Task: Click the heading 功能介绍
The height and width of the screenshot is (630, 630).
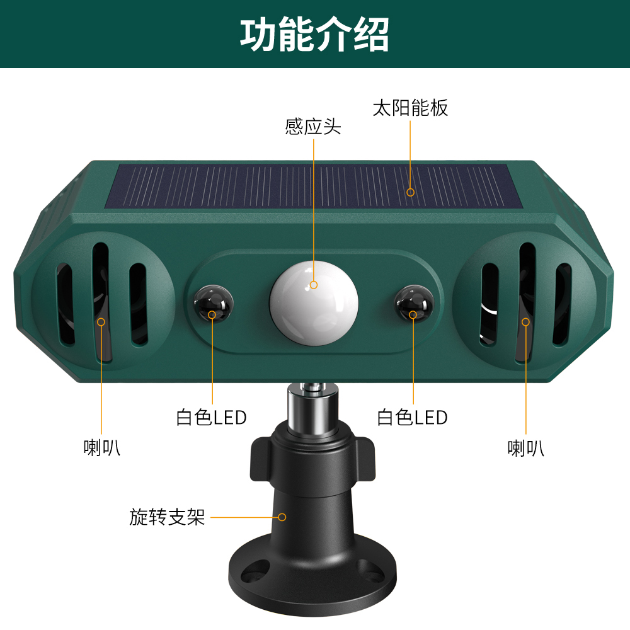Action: pyautogui.click(x=314, y=34)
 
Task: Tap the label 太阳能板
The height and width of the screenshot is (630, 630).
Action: pyautogui.click(x=410, y=108)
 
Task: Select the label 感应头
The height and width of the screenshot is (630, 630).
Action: pyautogui.click(x=313, y=127)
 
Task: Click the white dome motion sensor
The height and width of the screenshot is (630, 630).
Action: pyautogui.click(x=314, y=302)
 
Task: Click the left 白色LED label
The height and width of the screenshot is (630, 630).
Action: pyautogui.click(x=211, y=418)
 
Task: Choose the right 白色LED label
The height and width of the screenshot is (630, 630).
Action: pyautogui.click(x=412, y=418)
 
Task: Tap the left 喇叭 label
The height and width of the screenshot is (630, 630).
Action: pyautogui.click(x=101, y=447)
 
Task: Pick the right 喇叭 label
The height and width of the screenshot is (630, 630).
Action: pyautogui.click(x=526, y=447)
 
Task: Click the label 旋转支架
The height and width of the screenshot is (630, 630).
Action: pyautogui.click(x=167, y=517)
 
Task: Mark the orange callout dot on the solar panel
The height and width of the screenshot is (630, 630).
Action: pyautogui.click(x=410, y=192)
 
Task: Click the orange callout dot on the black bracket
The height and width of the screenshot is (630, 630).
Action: pyautogui.click(x=282, y=517)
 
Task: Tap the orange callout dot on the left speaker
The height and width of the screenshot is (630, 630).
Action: pyautogui.click(x=101, y=322)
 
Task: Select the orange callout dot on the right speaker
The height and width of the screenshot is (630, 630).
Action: pyautogui.click(x=525, y=322)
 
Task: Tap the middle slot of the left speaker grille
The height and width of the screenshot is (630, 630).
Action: pyautogui.click(x=101, y=301)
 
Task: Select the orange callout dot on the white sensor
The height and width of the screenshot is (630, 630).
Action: pyautogui.click(x=314, y=285)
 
